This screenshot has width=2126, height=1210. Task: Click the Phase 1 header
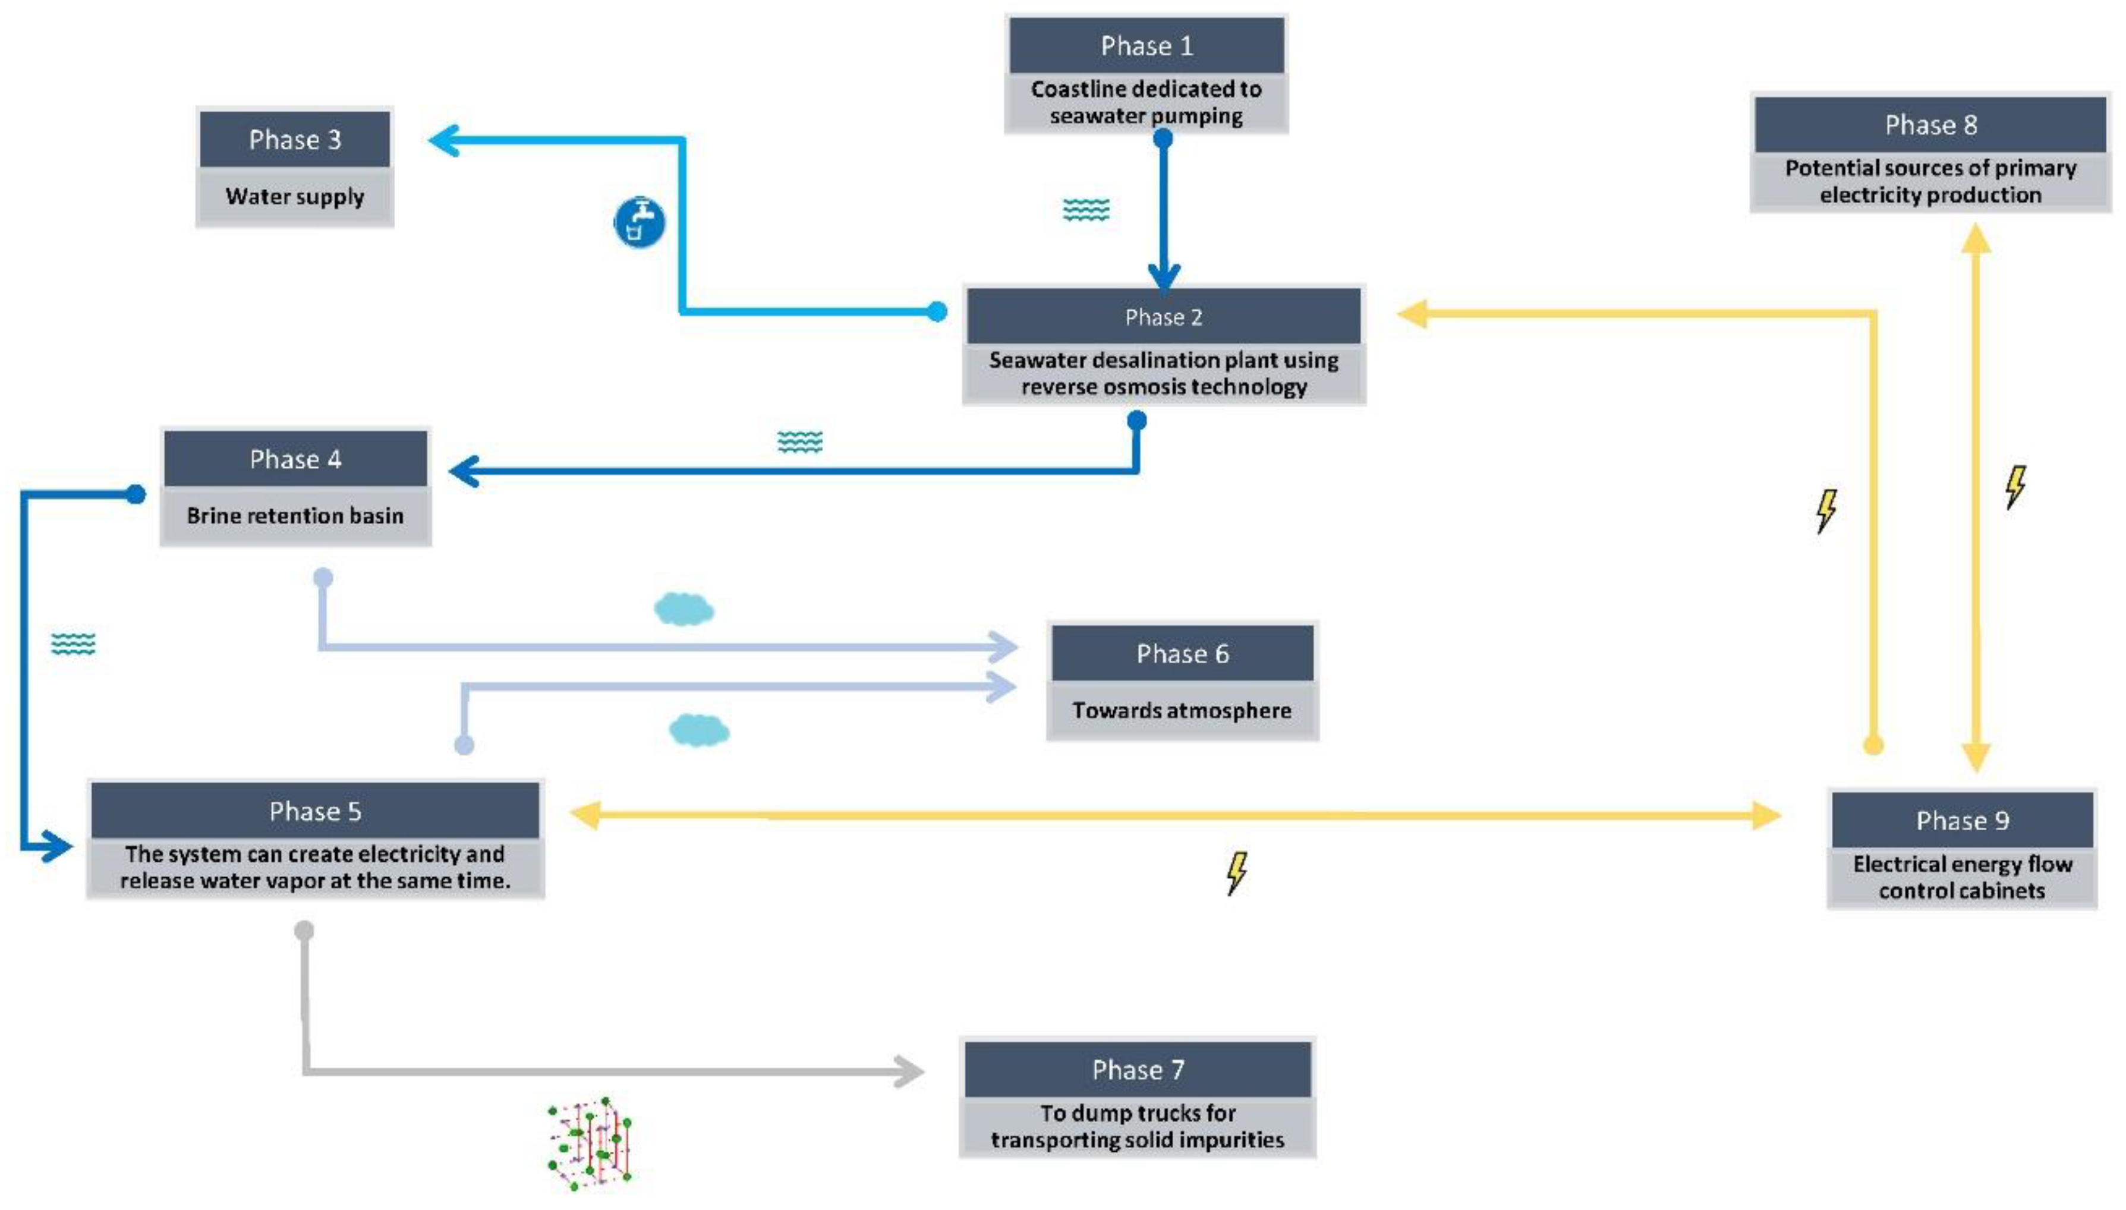[x=1145, y=46]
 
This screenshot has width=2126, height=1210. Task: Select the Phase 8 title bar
[x=1929, y=125]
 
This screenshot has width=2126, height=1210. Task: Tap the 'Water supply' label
[x=294, y=197]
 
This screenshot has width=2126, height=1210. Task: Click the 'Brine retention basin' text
[x=295, y=515]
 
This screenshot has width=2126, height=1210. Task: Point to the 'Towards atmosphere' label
[x=1181, y=711]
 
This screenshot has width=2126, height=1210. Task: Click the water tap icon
[x=639, y=222]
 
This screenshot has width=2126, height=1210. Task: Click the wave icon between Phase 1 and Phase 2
[x=1085, y=209]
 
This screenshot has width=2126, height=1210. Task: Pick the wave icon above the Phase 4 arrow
[x=799, y=442]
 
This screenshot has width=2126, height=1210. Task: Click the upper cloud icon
[x=683, y=609]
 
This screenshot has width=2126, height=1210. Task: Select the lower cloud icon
[x=698, y=730]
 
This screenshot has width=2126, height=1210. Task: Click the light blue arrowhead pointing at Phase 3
[x=444, y=140]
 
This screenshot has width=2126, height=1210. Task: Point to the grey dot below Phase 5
[x=304, y=930]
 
